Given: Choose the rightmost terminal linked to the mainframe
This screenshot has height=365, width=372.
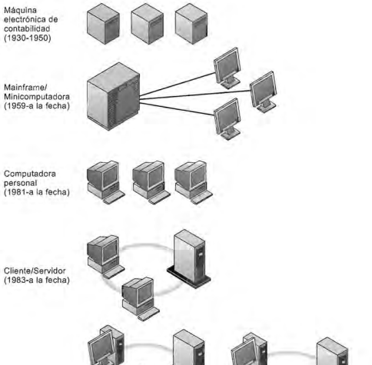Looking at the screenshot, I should [264, 91].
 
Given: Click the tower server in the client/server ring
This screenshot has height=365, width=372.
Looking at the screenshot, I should [188, 255].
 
